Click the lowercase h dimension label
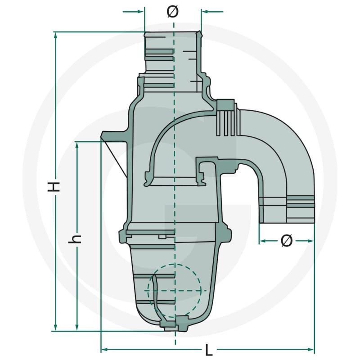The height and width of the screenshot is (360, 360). point(75,239)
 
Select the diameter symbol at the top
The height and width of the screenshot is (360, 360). point(172,12)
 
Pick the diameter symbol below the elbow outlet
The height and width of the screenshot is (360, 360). point(287,241)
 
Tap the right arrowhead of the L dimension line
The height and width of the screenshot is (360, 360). point(310,350)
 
